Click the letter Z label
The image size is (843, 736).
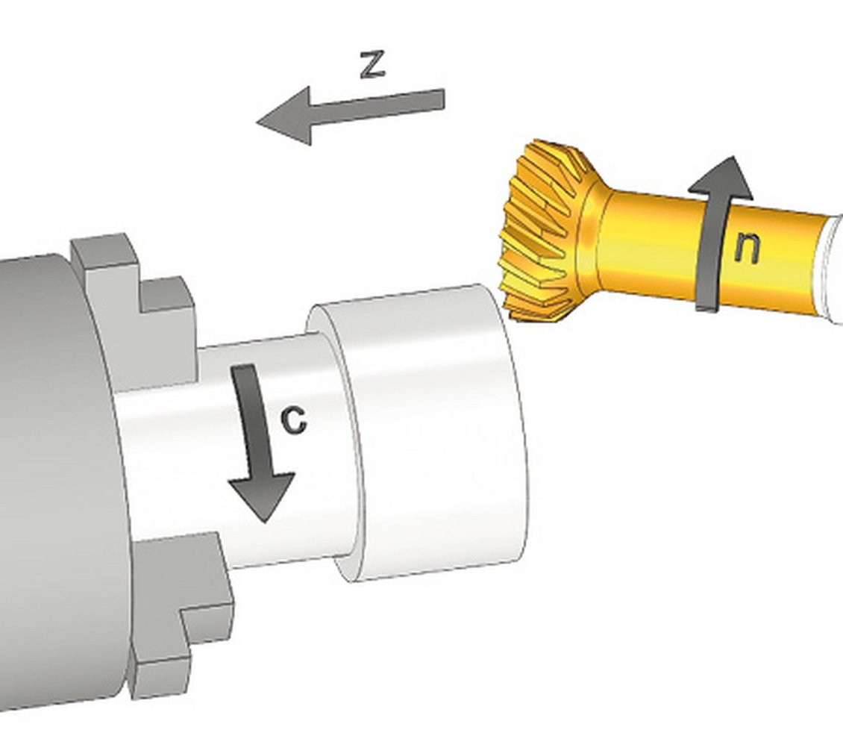pos(372,64)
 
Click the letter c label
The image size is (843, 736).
pos(293,420)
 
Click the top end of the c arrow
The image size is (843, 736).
pos(243,367)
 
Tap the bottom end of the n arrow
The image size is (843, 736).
pos(707,308)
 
